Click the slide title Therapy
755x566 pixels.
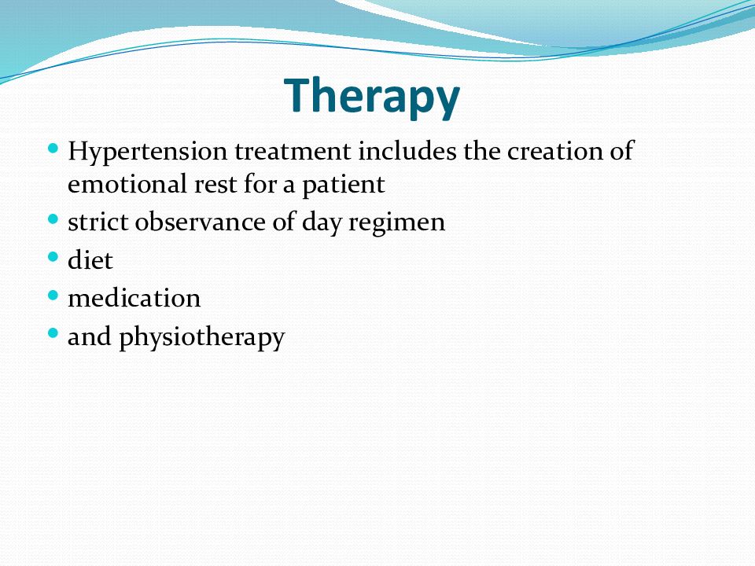tap(372, 96)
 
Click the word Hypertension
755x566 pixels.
tap(147, 152)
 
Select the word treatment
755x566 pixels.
tap(293, 151)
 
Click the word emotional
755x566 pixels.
tap(127, 184)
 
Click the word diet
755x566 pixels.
tap(90, 260)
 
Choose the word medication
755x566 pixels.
tap(134, 298)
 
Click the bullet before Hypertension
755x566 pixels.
tap(53, 148)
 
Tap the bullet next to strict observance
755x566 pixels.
tap(53, 219)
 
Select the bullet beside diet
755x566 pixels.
tap(53, 256)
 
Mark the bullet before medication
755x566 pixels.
tap(53, 295)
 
